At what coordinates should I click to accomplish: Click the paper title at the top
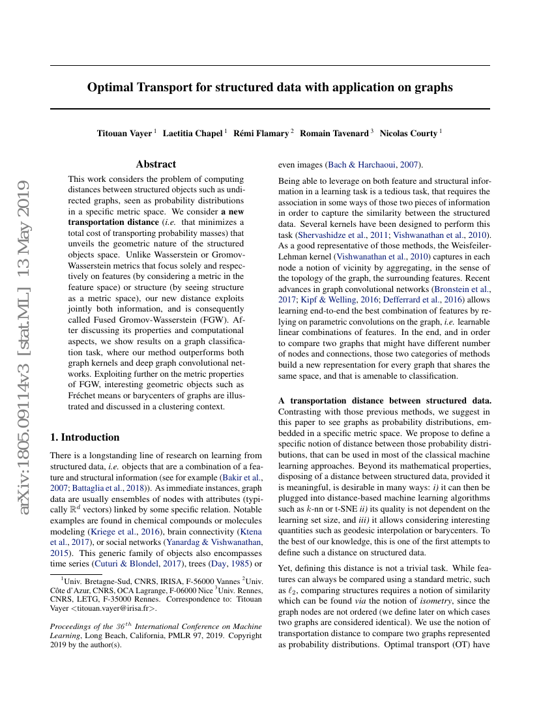(x=270, y=87)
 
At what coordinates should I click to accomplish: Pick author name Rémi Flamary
(x=261, y=133)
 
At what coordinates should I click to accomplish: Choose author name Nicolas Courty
(x=409, y=133)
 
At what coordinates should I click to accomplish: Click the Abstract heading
(x=156, y=164)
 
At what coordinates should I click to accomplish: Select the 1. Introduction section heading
(x=85, y=437)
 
